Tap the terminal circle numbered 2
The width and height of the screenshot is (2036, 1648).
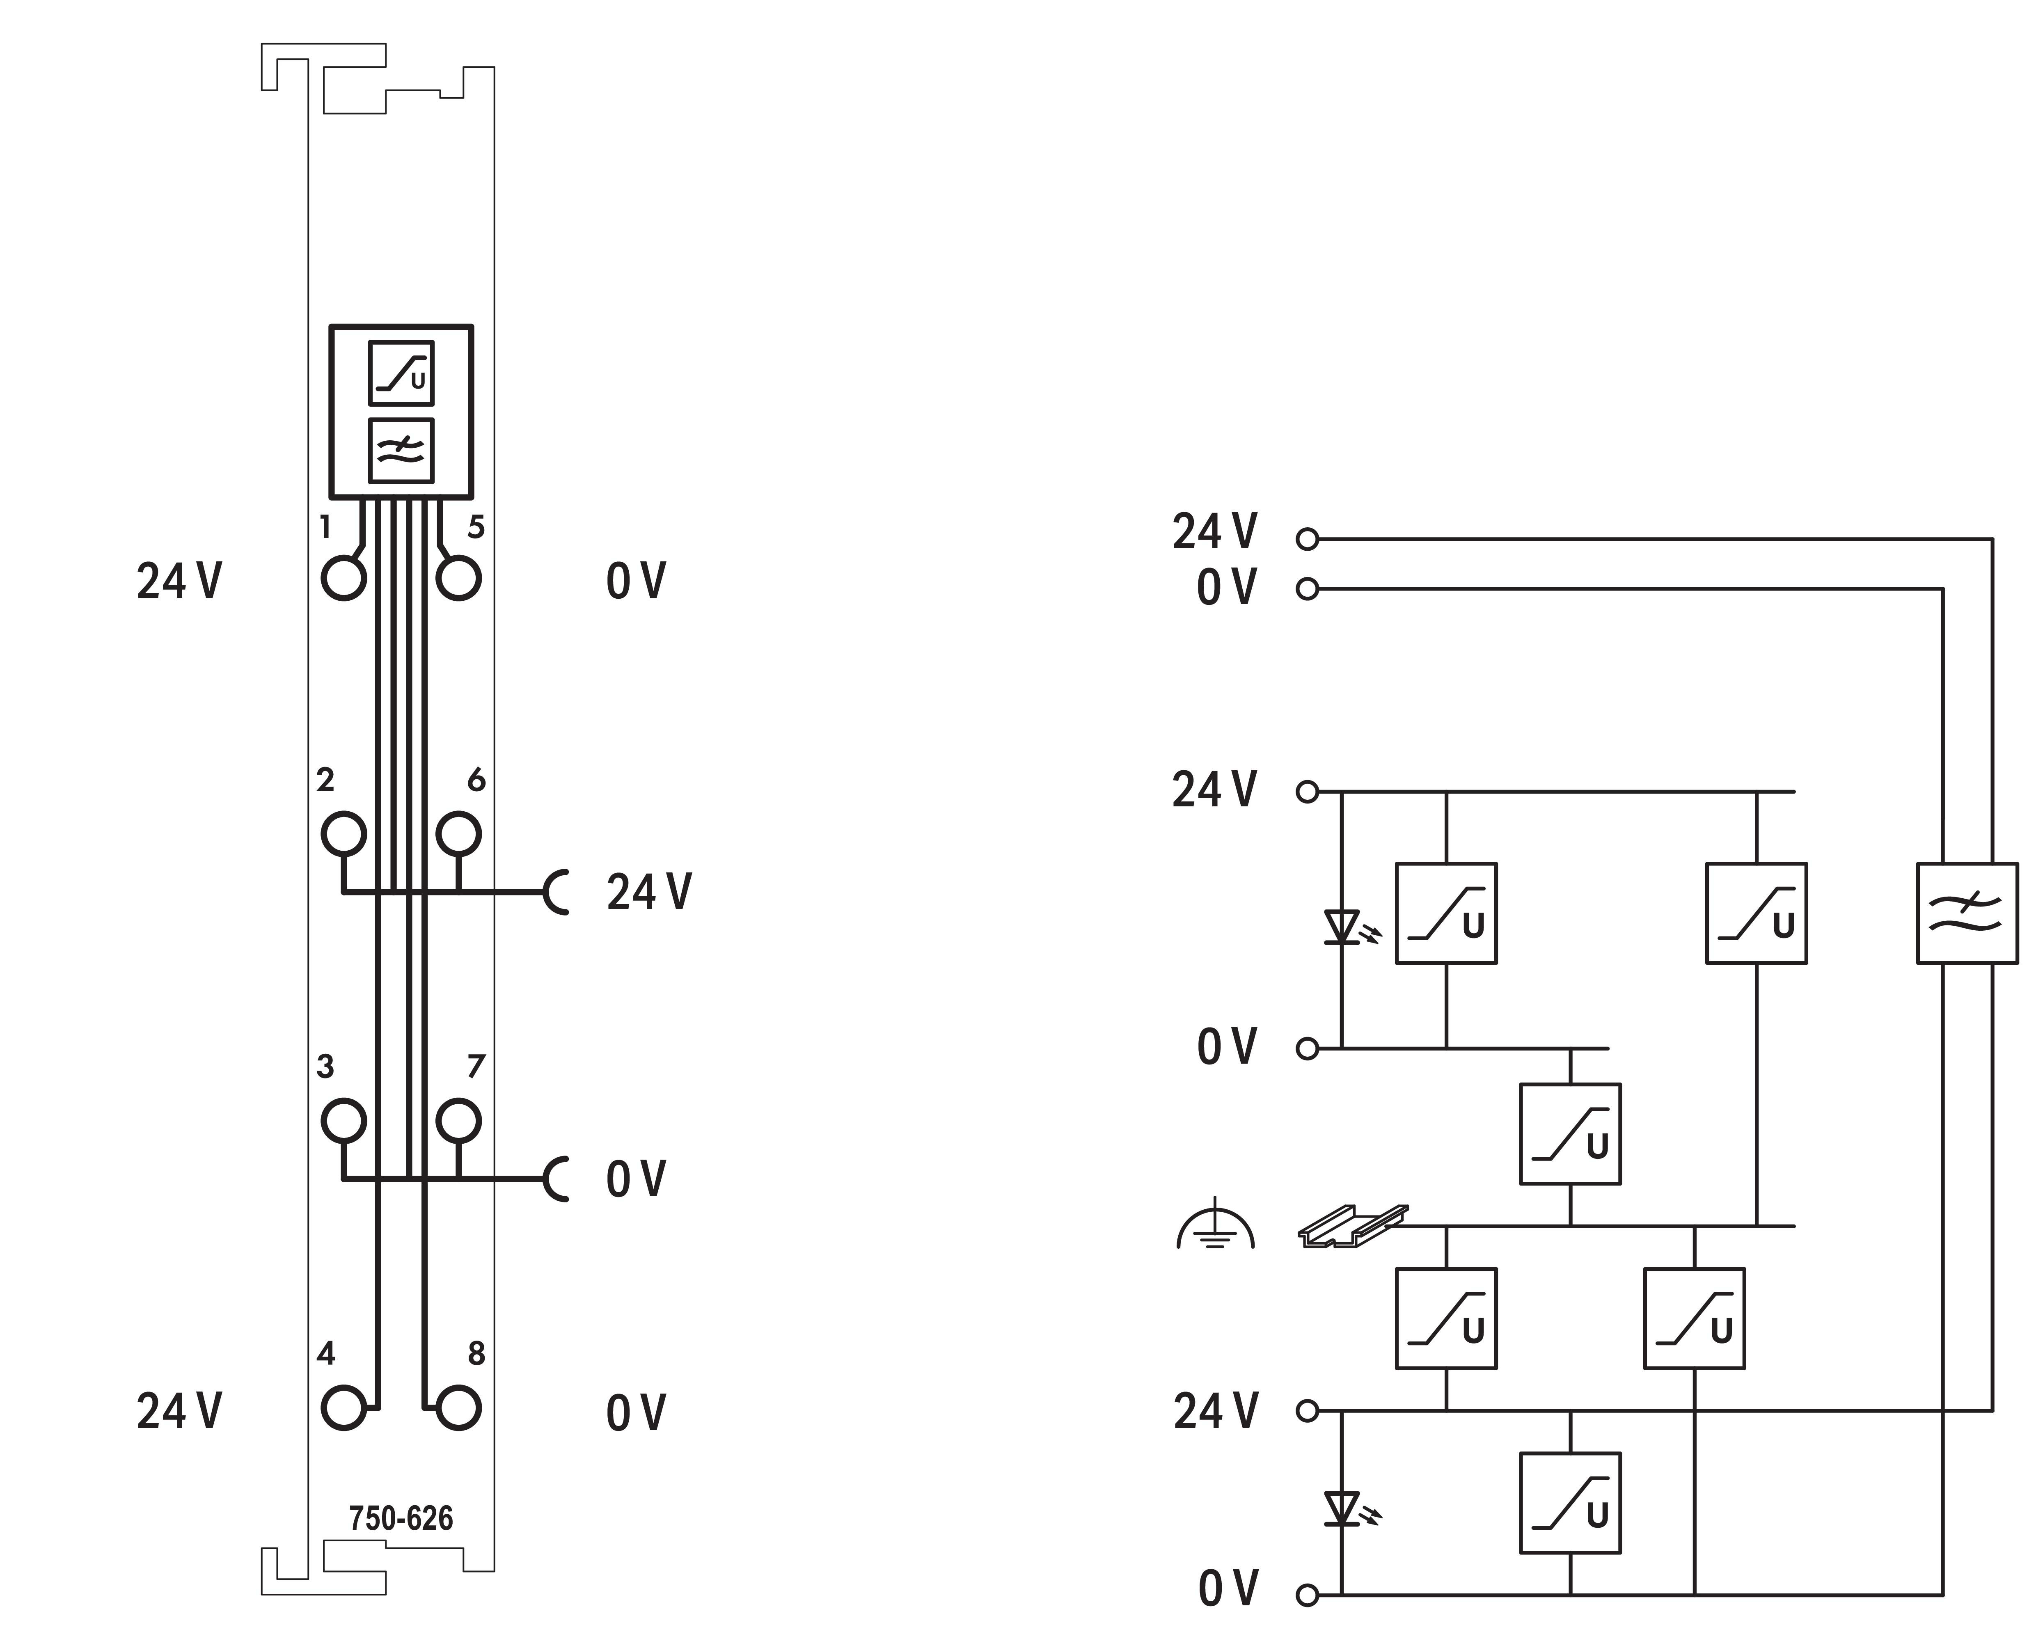point(344,834)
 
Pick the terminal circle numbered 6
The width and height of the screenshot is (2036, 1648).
point(458,834)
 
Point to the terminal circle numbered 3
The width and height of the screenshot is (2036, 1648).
point(344,1121)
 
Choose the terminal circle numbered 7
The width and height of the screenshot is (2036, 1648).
point(458,1121)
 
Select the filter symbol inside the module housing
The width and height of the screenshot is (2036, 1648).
point(401,451)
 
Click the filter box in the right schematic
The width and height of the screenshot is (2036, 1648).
point(1967,913)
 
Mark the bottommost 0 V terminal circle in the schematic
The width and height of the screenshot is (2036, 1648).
point(1307,1596)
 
